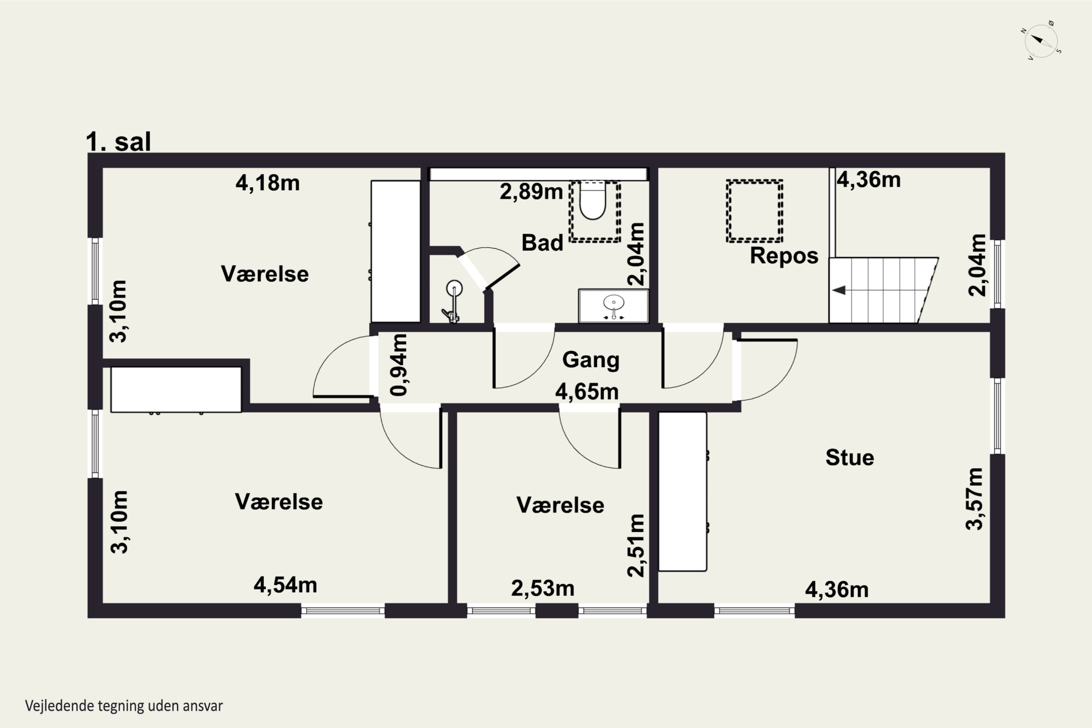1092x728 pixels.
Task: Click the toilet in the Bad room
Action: click(593, 201)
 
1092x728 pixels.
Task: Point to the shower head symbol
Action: click(454, 288)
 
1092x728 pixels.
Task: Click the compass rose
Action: click(1041, 41)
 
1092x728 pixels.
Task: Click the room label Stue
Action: click(850, 457)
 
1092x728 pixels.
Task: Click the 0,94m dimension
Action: click(399, 365)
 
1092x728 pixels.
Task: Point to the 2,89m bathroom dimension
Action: click(531, 192)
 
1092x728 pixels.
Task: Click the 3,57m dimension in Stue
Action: click(974, 499)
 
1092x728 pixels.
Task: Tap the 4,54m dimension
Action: click(285, 585)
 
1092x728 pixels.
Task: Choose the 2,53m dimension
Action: click(543, 589)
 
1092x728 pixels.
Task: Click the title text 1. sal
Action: click(118, 142)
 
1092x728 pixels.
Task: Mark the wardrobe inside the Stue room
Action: click(682, 491)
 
